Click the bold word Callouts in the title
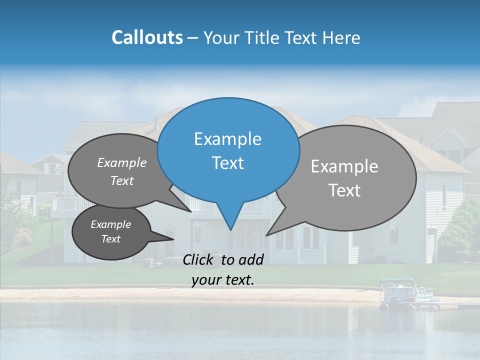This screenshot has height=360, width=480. coord(147,37)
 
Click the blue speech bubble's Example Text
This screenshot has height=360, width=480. coord(228,151)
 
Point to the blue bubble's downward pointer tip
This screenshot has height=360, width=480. coord(230,230)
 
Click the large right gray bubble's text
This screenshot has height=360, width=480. coord(344,178)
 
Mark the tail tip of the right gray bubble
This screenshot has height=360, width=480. coord(266,235)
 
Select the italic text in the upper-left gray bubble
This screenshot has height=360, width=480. coord(122,171)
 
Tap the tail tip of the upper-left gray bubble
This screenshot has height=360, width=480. coord(190,211)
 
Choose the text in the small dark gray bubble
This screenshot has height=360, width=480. coord(110,231)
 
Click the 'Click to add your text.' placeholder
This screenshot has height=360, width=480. coord(223,269)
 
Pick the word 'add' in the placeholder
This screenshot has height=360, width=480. coord(250,259)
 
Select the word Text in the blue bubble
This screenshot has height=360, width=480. coord(228,163)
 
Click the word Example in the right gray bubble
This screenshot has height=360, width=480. coord(344,166)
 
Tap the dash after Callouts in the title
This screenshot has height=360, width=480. coord(192,38)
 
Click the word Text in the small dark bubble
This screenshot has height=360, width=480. coord(111,239)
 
